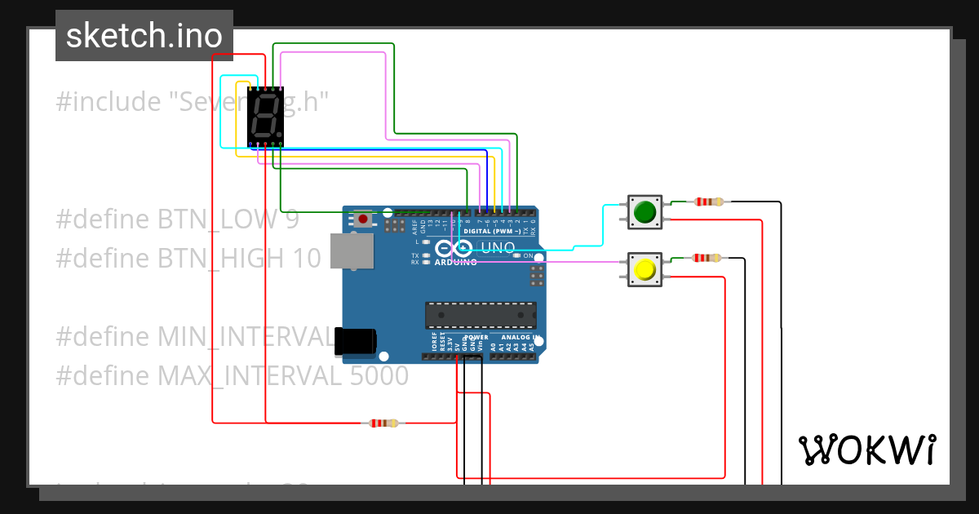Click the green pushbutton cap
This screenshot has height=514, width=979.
tap(645, 212)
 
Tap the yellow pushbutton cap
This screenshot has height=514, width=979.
tap(645, 269)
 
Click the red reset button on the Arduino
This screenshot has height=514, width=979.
tap(363, 219)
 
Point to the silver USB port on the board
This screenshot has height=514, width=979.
tap(352, 251)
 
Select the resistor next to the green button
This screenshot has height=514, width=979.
tap(707, 202)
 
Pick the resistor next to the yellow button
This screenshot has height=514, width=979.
tap(706, 259)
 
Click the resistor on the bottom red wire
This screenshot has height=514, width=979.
tap(383, 423)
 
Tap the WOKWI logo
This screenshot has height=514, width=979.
tap(866, 450)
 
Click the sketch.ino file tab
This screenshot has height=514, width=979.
tap(144, 36)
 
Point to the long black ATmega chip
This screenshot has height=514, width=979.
tap(481, 314)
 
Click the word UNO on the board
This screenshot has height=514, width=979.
tap(498, 247)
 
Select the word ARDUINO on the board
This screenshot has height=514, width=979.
tap(455, 263)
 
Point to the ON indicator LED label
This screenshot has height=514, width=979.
tap(528, 255)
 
